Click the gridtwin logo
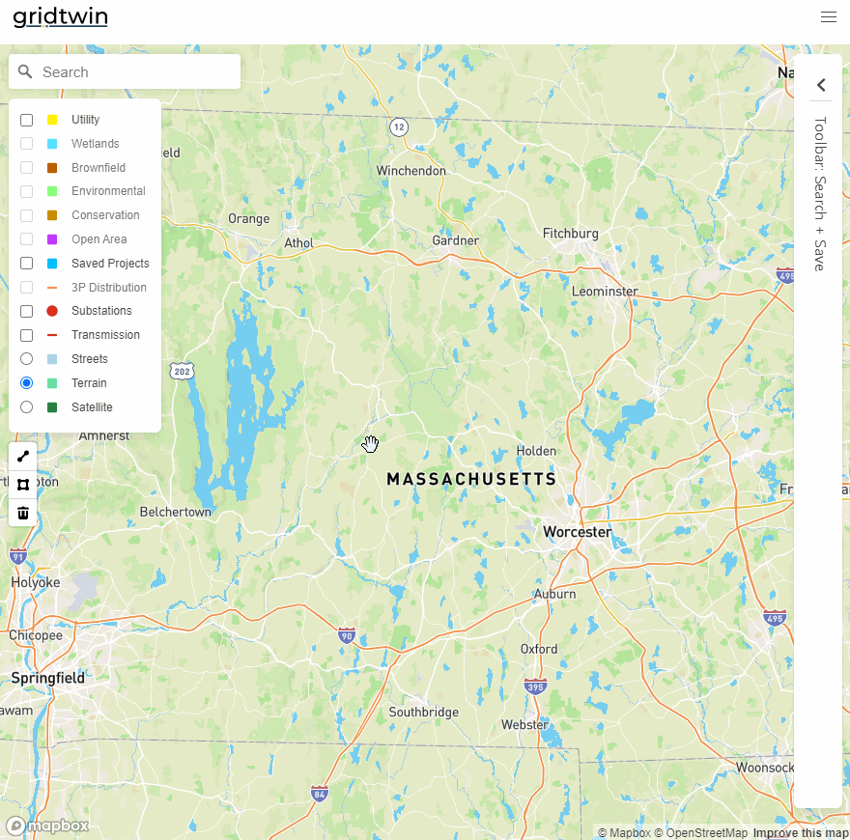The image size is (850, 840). point(60,17)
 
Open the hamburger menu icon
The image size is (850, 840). point(828,17)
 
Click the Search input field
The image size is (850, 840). point(135,72)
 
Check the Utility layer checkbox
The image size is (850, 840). point(27,120)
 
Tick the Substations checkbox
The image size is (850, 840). point(27,311)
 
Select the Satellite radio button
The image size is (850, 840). point(27,407)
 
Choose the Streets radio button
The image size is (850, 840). point(27,359)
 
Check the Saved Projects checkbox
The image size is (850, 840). point(27,264)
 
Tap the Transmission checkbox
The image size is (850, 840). point(27,335)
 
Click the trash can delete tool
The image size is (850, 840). point(23,513)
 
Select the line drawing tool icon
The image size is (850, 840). point(23,457)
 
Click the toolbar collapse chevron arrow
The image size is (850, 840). point(821,85)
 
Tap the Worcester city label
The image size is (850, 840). point(577,532)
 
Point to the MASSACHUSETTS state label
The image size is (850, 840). point(471,479)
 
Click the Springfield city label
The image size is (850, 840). point(48,678)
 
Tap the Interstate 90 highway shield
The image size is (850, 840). point(347,635)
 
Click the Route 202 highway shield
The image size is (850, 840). point(181,371)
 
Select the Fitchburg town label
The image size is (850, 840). point(570,234)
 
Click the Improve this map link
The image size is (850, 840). point(801,833)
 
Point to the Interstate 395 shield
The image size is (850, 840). point(535,686)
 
